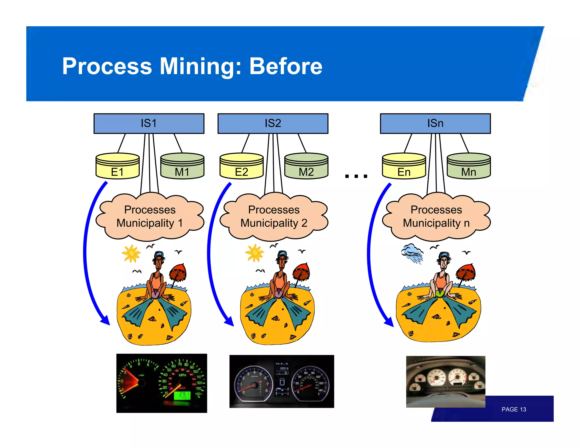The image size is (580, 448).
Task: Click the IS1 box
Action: pos(149,123)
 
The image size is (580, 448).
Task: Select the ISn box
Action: pos(435,123)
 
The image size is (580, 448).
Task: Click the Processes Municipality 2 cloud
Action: pos(274,217)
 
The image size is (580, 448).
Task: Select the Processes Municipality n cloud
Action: pos(436,217)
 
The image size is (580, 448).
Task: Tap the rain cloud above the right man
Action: pos(412,253)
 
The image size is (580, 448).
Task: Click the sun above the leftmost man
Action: pos(131,253)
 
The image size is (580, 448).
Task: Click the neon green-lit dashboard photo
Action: pos(161,383)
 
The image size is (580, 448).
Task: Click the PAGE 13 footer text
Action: pos(513,409)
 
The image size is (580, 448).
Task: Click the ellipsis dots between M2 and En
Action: pos(356,176)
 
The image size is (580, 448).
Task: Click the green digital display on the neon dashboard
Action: pos(182,395)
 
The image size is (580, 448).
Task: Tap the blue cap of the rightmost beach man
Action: pos(445,255)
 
